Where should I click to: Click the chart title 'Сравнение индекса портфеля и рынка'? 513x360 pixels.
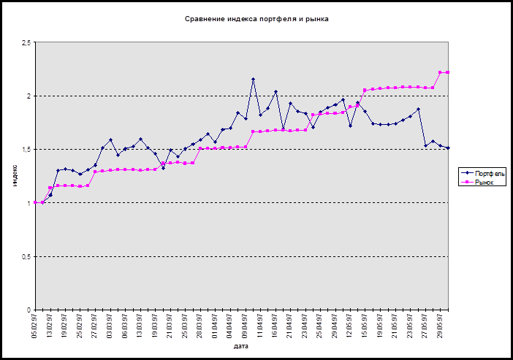256,18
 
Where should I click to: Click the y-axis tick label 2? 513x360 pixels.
28,96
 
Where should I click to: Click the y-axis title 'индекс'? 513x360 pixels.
15,177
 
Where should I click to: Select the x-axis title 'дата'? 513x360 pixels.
241,346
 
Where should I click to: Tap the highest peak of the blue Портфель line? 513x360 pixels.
253,79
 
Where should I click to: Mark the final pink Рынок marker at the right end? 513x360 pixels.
447,72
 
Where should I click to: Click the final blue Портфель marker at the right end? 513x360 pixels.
447,148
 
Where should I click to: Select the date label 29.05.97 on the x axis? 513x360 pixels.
440,325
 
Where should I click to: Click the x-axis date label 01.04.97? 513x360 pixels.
215,325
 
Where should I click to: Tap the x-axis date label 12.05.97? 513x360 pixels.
350,325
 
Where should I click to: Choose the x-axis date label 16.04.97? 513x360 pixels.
275,325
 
